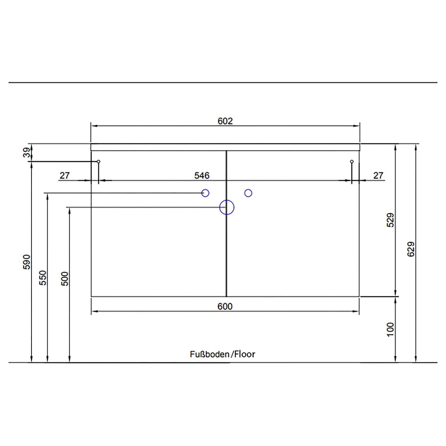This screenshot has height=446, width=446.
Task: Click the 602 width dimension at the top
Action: (225, 121)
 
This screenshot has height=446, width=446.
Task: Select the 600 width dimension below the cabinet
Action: (225, 306)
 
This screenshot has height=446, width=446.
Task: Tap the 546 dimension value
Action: (202, 175)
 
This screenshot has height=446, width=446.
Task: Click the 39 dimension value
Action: (27, 153)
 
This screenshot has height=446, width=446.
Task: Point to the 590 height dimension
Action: (27, 262)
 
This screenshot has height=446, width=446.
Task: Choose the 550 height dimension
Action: (43, 278)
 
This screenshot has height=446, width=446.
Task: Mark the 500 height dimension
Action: (65, 279)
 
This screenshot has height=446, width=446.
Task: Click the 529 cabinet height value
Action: (390, 220)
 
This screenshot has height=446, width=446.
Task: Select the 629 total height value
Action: (411, 249)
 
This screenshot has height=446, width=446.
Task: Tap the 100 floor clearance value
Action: (390, 329)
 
